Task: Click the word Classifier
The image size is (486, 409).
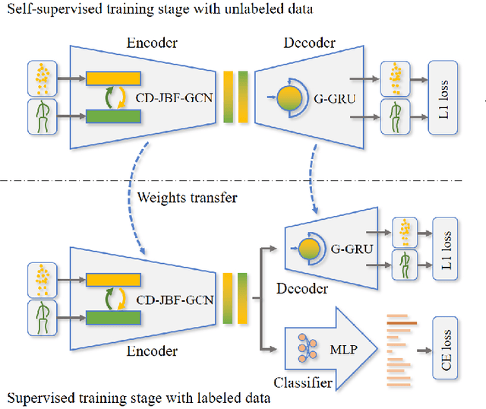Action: [x=302, y=382]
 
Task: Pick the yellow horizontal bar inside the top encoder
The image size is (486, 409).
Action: [x=113, y=78]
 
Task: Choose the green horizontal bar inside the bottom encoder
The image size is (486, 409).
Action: [x=113, y=312]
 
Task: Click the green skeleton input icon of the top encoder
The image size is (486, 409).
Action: [x=39, y=117]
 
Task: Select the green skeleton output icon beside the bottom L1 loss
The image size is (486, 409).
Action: [x=404, y=262]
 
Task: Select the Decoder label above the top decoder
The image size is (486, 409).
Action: [x=308, y=43]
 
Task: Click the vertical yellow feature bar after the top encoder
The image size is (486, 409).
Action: [x=228, y=97]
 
